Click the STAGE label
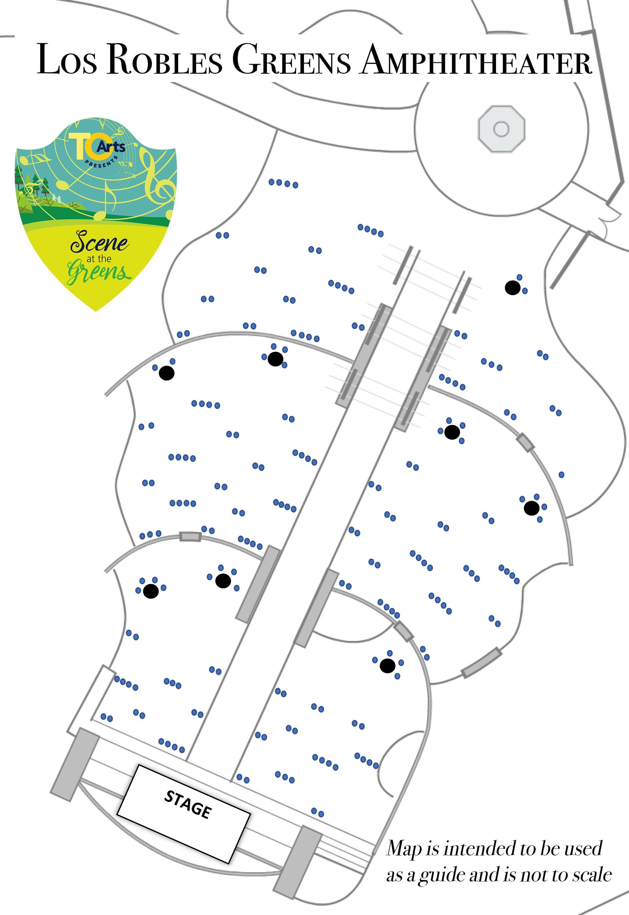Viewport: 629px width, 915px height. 188,804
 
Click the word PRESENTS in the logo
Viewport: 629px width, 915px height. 102,163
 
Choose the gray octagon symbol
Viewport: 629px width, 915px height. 501,128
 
